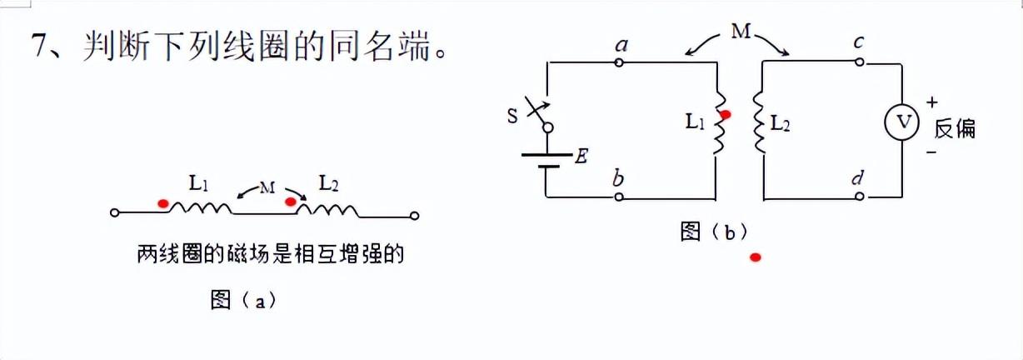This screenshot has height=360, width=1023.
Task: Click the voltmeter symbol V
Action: (x=901, y=123)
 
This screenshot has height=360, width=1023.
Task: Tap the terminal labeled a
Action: (x=619, y=62)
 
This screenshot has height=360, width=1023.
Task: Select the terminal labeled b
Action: (x=619, y=197)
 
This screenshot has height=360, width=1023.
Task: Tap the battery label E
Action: (x=581, y=156)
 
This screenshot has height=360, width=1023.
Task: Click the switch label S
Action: (x=511, y=114)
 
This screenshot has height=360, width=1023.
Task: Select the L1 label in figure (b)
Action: (x=696, y=122)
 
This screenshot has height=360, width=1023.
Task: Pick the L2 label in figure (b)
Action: (x=780, y=122)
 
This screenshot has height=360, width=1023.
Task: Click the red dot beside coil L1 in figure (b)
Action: (x=726, y=115)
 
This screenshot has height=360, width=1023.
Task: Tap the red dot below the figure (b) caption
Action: (x=755, y=257)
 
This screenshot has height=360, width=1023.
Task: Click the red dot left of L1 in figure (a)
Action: (x=164, y=202)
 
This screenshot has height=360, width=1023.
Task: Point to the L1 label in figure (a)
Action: (x=198, y=183)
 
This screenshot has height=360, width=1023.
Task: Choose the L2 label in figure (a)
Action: (x=328, y=183)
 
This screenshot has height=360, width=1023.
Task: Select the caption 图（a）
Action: (x=243, y=300)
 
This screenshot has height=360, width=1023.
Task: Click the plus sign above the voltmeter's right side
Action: (x=931, y=102)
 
